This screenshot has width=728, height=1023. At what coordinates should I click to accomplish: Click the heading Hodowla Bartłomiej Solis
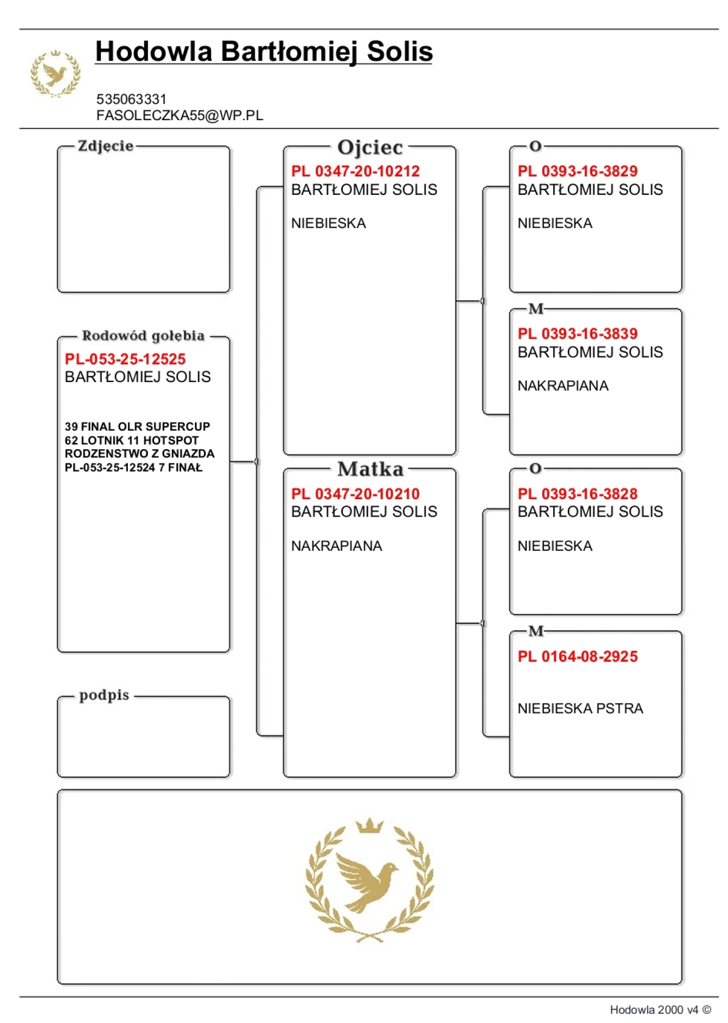click(x=263, y=52)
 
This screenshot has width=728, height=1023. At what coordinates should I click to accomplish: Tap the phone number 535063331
click(x=131, y=99)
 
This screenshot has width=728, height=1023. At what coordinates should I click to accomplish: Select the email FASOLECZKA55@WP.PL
click(x=180, y=116)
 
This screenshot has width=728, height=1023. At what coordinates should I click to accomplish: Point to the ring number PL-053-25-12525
click(x=125, y=359)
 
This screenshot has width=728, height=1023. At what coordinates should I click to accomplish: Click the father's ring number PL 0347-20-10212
click(x=355, y=171)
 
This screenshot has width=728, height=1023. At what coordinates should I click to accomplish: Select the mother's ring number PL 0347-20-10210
click(x=355, y=494)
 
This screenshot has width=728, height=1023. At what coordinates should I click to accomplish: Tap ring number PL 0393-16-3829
click(x=577, y=171)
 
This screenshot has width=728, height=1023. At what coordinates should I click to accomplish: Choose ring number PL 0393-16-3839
click(x=577, y=333)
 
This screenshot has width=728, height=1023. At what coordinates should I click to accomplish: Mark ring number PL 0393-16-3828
click(x=577, y=494)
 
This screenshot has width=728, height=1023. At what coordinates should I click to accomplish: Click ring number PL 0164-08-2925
click(x=577, y=656)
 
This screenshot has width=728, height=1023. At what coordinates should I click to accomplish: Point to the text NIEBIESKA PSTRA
click(x=580, y=708)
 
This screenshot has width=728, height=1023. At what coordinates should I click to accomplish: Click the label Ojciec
click(x=370, y=148)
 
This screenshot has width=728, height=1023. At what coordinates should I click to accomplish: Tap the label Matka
click(x=370, y=469)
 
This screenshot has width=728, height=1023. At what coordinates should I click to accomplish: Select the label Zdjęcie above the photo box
click(x=105, y=146)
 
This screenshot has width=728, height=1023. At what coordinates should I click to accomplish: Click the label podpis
click(x=104, y=695)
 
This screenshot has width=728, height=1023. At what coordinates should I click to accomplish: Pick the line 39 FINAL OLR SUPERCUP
click(x=137, y=427)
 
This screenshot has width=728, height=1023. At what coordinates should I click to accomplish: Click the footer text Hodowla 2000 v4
click(x=654, y=1010)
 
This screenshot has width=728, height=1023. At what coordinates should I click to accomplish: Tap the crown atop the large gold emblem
click(x=369, y=825)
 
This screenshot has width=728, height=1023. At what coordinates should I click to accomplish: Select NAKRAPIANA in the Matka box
click(x=336, y=546)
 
